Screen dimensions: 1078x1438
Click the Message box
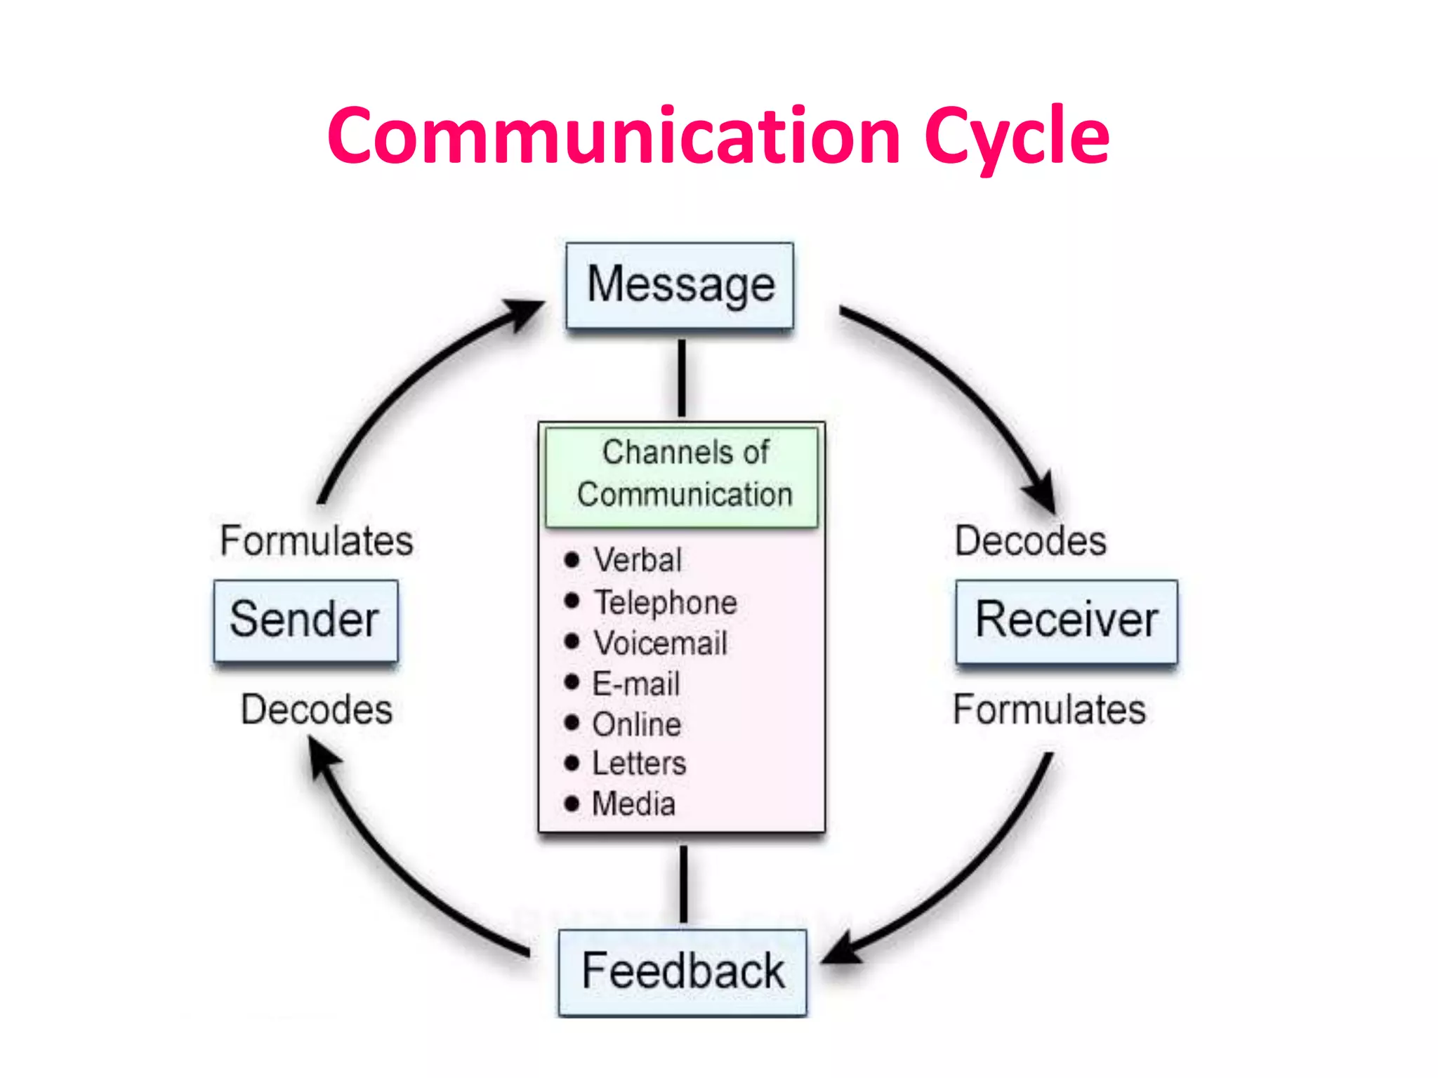coord(680,286)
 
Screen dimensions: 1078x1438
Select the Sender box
coord(305,620)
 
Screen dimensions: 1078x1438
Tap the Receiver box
coord(1066,621)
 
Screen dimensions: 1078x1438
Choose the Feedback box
coord(682,972)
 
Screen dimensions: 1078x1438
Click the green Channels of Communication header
coord(682,474)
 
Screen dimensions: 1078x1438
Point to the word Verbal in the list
coord(637,560)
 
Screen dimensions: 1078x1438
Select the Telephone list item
coord(665,602)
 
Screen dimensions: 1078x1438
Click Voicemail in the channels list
coord(660,643)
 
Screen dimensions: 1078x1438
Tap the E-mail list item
coord(635,684)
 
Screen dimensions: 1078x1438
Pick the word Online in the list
coord(636,724)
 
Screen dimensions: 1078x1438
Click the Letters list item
coord(638,764)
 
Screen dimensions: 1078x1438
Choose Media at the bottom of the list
coord(633,804)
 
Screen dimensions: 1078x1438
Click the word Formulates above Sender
coord(317,541)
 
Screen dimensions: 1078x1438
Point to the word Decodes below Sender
coord(317,710)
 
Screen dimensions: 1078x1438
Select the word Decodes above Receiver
coord(1030,541)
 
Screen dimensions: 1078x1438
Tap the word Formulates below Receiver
coord(1049,710)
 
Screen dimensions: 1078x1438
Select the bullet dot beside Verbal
coord(572,560)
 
